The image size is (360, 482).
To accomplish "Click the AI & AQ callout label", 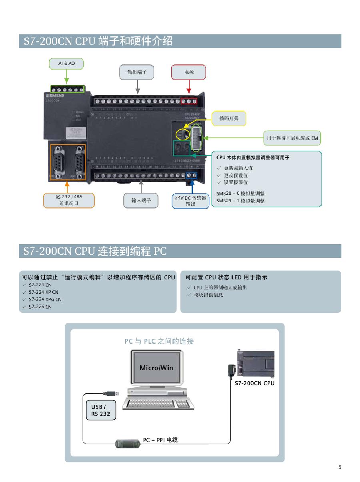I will tap(66, 64).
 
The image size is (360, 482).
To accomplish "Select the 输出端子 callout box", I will tap(137, 72).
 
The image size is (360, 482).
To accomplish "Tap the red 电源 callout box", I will tap(188, 72).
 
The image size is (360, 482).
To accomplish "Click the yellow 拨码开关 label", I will tap(228, 118).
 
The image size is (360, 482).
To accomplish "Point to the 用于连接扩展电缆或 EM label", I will tap(292, 138).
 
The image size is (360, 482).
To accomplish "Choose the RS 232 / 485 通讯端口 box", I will tap(69, 200).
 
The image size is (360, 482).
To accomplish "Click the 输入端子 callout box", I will tap(141, 200).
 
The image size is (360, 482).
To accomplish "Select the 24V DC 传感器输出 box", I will tap(190, 201).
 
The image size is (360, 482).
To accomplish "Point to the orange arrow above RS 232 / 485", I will tap(67, 186).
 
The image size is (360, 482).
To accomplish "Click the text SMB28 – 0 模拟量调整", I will tap(240, 193).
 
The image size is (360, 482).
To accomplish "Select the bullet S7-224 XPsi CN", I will tap(45, 299).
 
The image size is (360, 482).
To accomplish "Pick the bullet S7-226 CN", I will tap(40, 307).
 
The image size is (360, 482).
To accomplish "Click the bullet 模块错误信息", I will tap(208, 295).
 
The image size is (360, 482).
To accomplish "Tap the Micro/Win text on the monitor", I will tap(156, 368).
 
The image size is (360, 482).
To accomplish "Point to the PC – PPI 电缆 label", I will tap(160, 440).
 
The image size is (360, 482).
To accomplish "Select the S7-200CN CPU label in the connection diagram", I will tap(254, 384).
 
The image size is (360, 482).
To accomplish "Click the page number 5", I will tap(340, 467).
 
